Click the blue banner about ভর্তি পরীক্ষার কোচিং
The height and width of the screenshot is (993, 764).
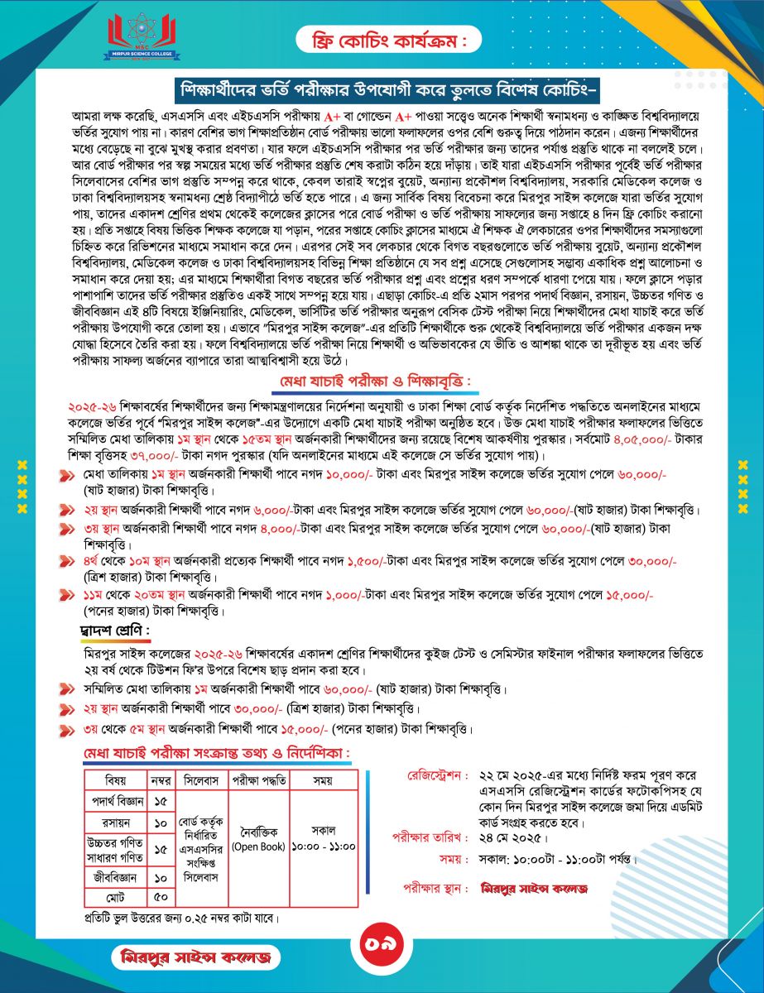click(382, 88)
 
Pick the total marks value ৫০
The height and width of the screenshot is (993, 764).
click(161, 897)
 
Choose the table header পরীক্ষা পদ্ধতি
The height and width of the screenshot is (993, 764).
click(258, 780)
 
